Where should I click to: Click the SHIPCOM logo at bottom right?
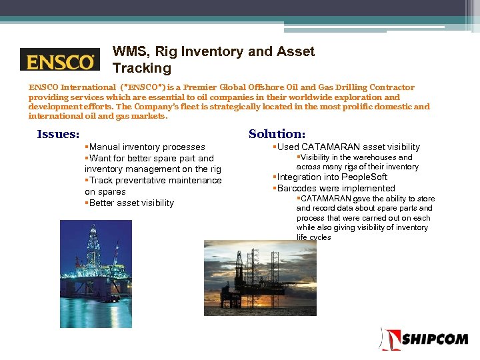tap(425, 339)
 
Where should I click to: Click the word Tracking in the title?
tap(142, 68)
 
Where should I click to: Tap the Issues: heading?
tap(58, 134)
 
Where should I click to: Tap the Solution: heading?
tap(277, 134)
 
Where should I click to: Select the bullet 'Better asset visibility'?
tap(131, 203)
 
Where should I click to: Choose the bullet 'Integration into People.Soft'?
tap(331, 177)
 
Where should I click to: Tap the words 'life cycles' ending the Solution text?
tap(313, 237)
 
